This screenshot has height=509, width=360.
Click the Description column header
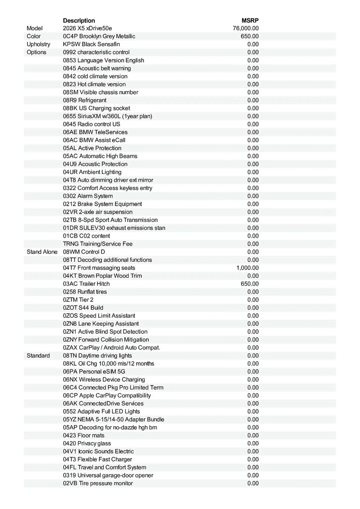tap(79, 20)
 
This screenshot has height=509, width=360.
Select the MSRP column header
tap(250, 20)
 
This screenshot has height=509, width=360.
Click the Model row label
tap(34, 28)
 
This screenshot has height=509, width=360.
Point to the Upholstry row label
tap(38, 44)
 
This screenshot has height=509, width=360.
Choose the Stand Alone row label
tap(42, 252)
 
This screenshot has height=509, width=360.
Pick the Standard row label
tap(38, 355)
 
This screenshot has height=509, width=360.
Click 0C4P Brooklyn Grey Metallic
tap(99, 36)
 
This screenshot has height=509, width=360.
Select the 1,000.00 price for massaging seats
tap(247, 268)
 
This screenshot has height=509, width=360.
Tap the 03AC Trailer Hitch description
tap(86, 284)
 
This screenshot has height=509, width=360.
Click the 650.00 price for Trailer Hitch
tap(250, 284)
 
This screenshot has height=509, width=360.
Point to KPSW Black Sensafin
tap(91, 44)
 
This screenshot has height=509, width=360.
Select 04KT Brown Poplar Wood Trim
tap(102, 276)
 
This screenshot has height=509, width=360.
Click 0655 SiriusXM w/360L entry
tap(107, 116)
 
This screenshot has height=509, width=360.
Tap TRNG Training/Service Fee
tap(98, 244)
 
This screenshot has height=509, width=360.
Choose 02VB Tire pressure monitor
tap(98, 483)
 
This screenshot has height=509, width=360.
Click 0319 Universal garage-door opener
tap(108, 475)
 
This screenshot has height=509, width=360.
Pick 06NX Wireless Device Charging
tap(104, 380)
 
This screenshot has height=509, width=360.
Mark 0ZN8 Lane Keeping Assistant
tap(101, 324)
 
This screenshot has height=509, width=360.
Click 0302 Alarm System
tap(88, 196)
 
